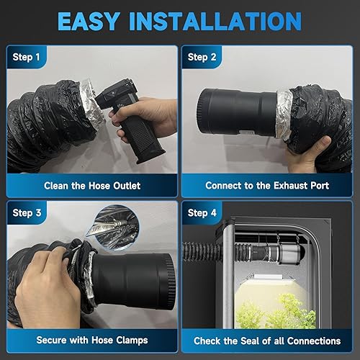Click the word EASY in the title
[x=89, y=21]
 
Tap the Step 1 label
[x=26, y=58]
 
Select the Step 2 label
[x=202, y=58]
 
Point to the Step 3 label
[x=27, y=213]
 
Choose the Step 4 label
[x=202, y=213]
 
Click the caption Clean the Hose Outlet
[x=92, y=186]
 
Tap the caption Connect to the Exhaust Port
[x=267, y=186]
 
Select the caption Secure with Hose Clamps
[x=92, y=341]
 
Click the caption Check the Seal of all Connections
[x=267, y=341]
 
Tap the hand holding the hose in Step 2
[x=307, y=153]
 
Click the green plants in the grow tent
[x=276, y=312]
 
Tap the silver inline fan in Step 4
[x=288, y=253]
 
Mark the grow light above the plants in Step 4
[x=269, y=278]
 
